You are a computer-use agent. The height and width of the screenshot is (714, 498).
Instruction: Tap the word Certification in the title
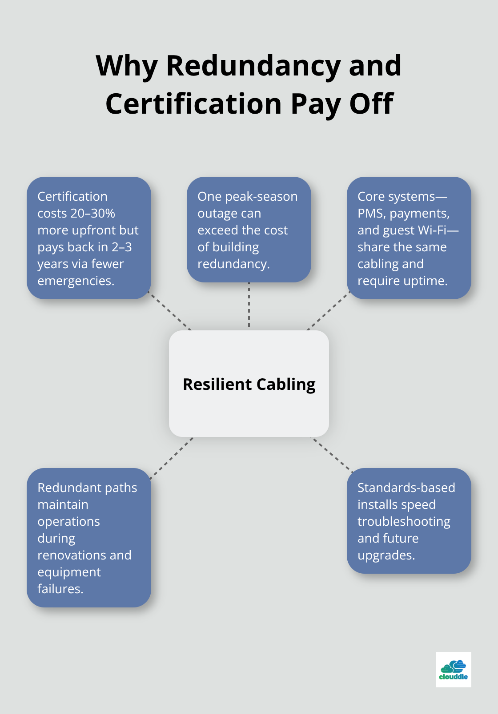pos(193,104)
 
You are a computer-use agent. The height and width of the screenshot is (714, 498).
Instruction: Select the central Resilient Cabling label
pos(249,384)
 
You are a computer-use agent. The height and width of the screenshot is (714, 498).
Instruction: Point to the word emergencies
pos(76,281)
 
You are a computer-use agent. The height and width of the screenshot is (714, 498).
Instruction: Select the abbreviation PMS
pos(371,214)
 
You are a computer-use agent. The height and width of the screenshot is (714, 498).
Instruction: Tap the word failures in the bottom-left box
pos(60,589)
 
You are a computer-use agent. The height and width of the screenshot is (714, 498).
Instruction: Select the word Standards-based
pos(406,488)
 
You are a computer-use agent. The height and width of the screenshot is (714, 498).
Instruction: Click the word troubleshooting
pos(404,522)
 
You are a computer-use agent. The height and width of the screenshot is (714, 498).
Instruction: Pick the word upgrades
pos(386,555)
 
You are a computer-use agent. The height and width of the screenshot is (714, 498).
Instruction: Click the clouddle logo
pos(453,670)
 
